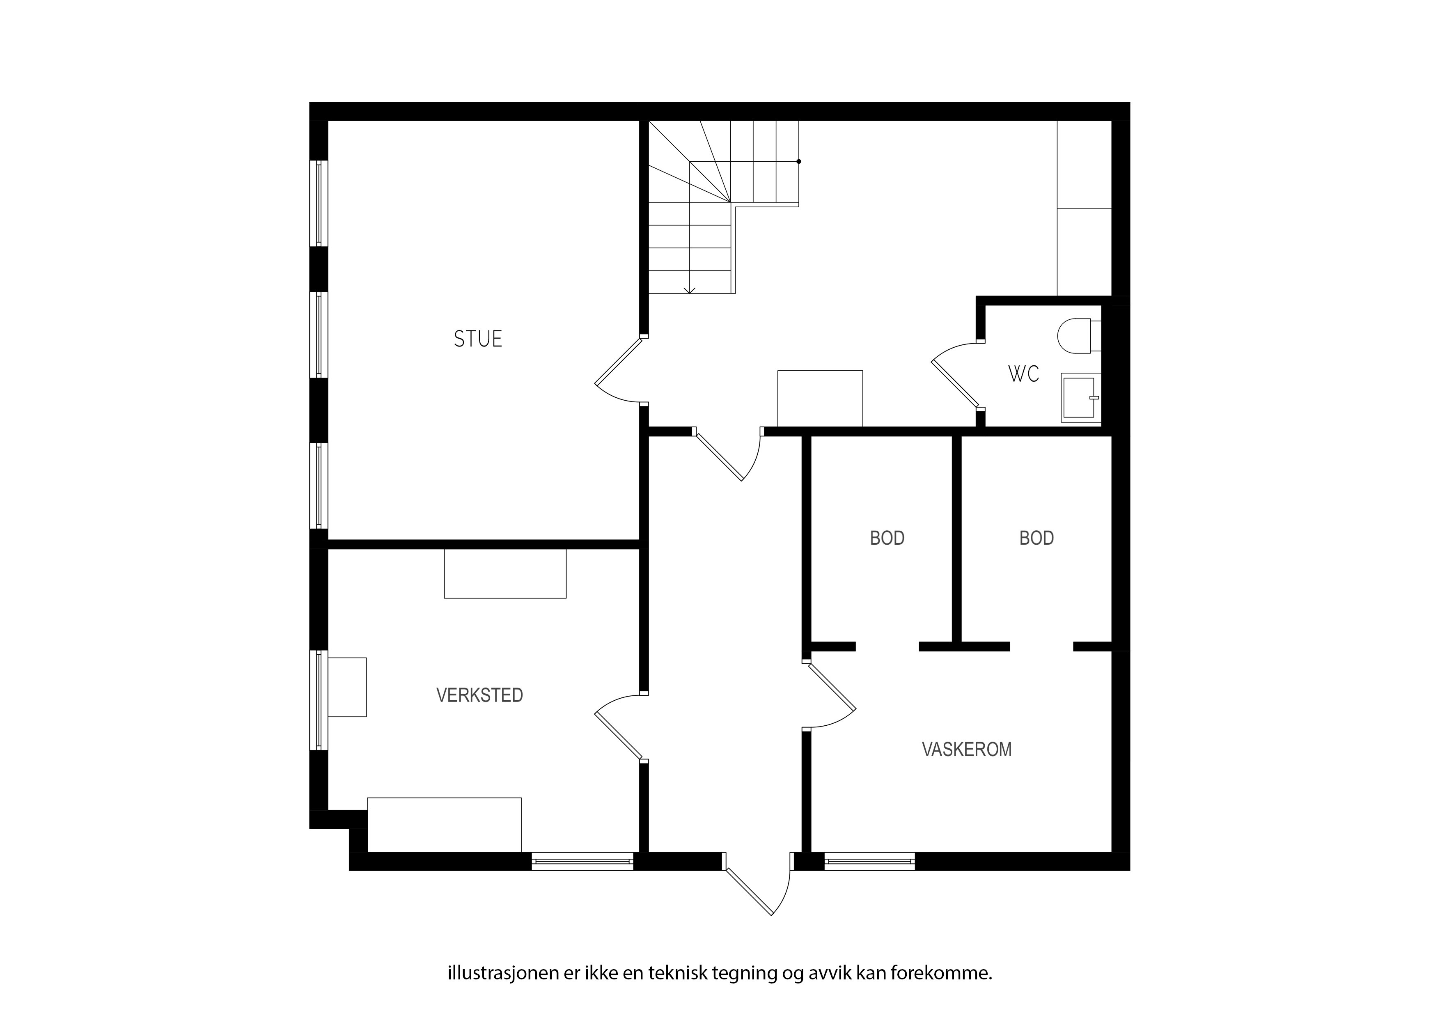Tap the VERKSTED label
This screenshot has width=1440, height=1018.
(480, 695)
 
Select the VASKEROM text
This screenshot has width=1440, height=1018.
(966, 750)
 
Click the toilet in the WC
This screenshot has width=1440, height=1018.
(1079, 336)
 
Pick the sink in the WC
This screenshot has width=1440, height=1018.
(1081, 397)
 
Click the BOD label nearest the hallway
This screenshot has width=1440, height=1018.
(887, 538)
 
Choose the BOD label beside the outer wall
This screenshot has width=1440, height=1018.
(1036, 538)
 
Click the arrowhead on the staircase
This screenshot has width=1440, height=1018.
(690, 290)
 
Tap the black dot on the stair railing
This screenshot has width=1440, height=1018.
(798, 161)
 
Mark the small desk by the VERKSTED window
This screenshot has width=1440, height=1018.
(347, 687)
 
